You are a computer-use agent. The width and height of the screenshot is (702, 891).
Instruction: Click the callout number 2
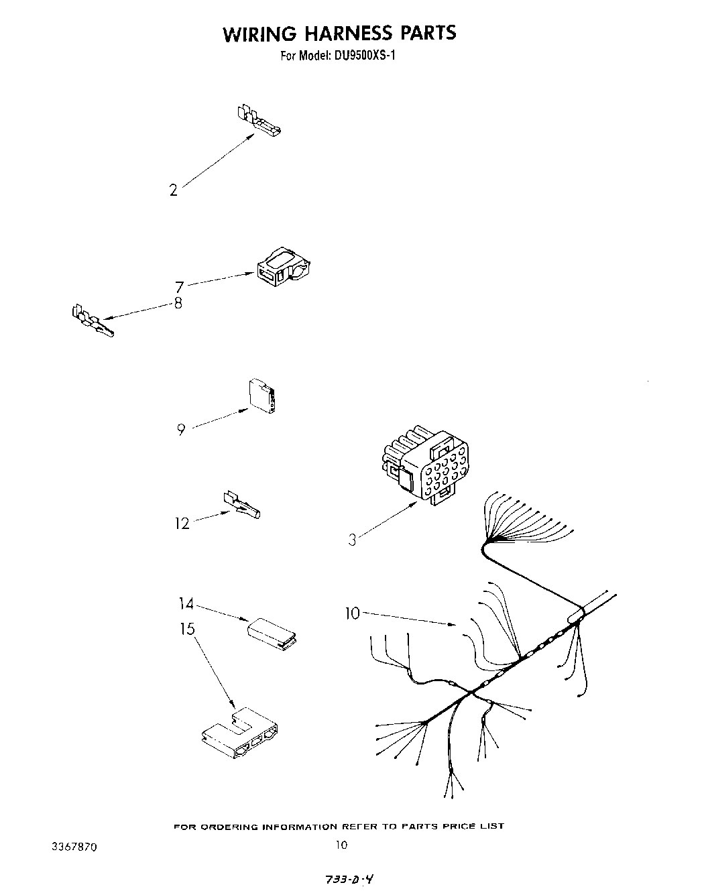[x=174, y=190]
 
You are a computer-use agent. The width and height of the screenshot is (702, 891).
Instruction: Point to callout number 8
[x=178, y=303]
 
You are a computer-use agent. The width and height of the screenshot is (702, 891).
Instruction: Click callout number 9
[x=181, y=430]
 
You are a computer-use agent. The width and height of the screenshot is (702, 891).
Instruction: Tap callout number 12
[x=182, y=523]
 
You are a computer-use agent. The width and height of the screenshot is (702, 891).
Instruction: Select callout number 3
[x=352, y=539]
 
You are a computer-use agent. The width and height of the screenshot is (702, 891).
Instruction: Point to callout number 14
[x=186, y=605]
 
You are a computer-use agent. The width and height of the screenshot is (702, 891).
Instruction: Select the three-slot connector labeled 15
[x=240, y=733]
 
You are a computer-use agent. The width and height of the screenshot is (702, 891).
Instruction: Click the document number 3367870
[x=74, y=847]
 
